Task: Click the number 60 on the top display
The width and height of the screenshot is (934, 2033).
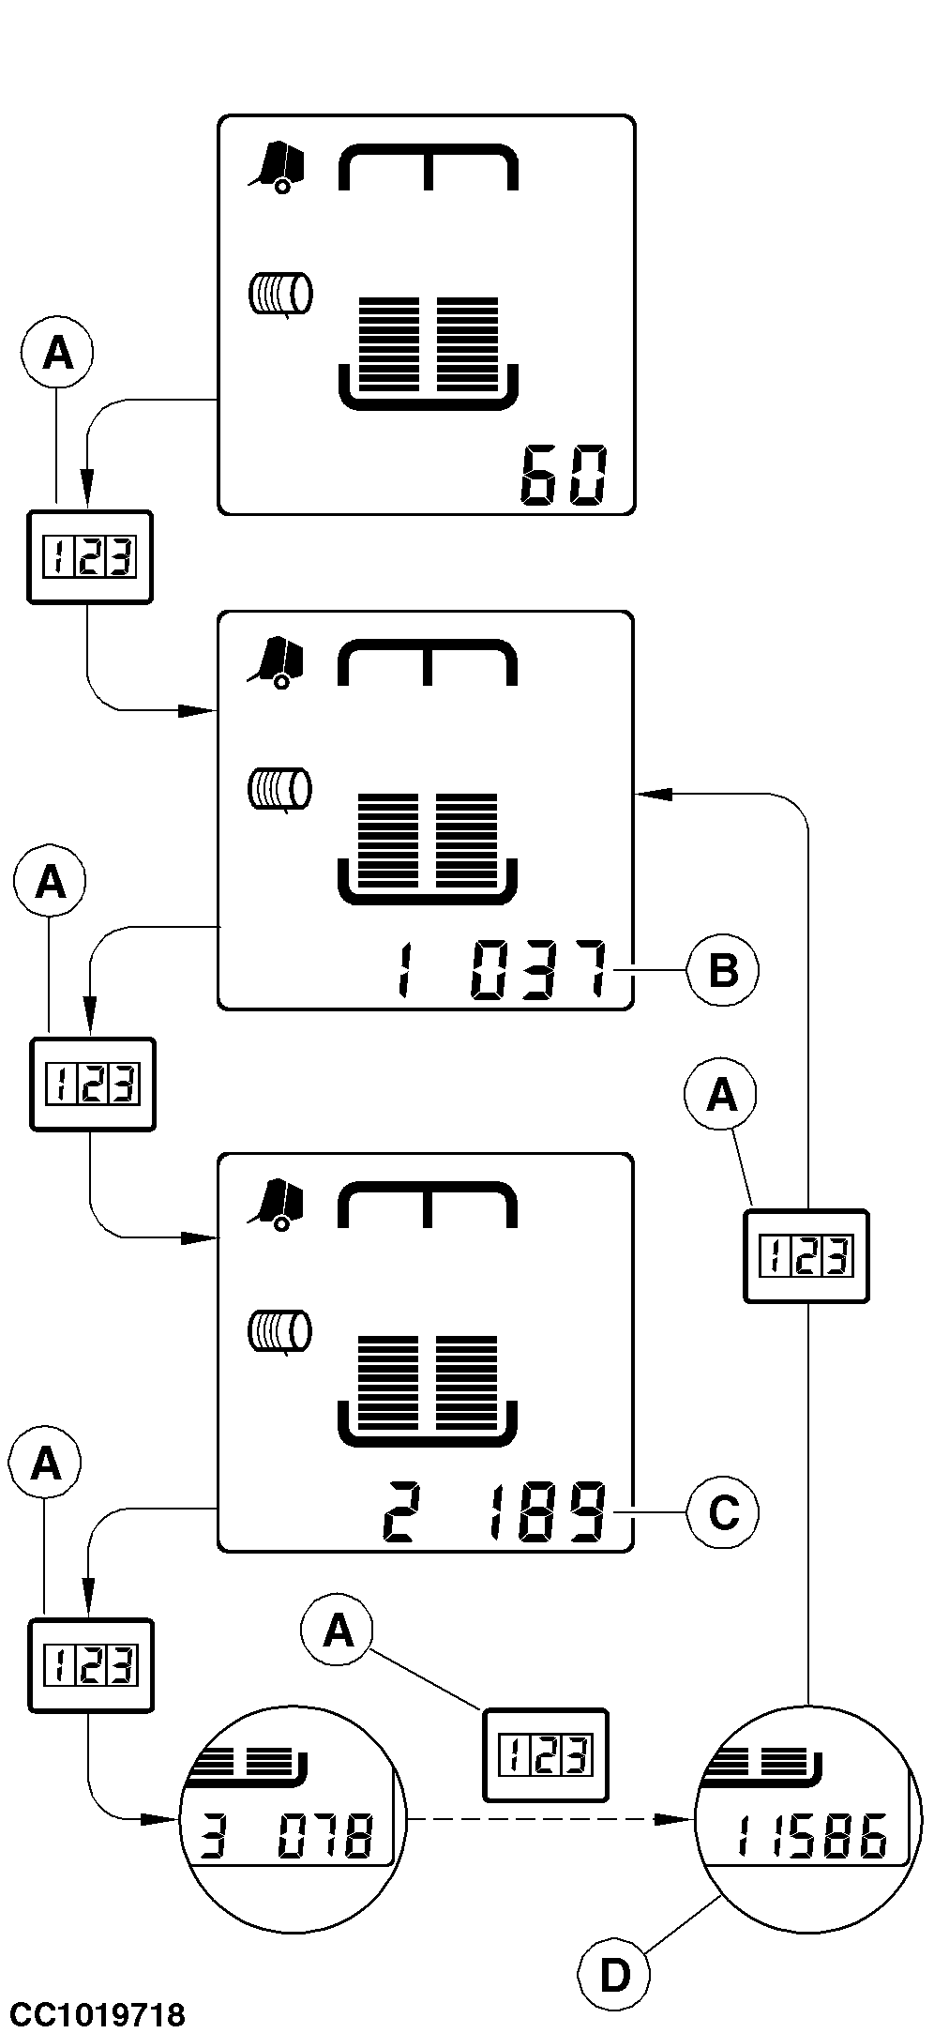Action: point(564,477)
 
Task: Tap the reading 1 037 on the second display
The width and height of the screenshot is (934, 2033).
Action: point(502,970)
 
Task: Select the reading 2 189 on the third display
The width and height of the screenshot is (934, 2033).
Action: point(494,1512)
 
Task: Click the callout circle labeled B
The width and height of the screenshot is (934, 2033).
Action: point(722,970)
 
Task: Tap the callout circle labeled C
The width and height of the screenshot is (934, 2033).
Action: point(722,1512)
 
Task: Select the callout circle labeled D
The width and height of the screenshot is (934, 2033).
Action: point(614,1977)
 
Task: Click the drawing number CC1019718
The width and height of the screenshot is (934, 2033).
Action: point(98,2014)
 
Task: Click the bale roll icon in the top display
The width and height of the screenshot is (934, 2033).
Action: point(279,295)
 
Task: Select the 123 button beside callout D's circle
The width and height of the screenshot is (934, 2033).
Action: point(806,1256)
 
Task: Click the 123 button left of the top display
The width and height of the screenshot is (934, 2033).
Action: point(90,557)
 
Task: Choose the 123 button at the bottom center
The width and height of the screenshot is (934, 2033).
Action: point(545,1755)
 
